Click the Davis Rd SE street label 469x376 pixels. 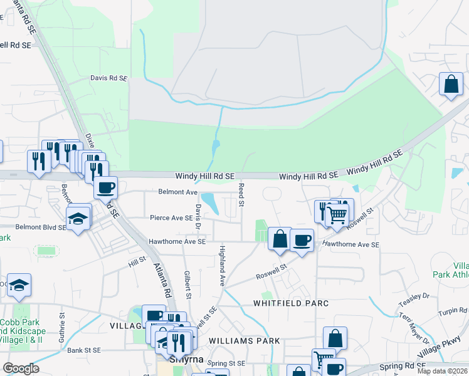pos(108,79)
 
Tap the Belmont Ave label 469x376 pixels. pos(178,192)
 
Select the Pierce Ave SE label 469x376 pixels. pos(171,218)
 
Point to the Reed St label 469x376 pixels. pos(241,196)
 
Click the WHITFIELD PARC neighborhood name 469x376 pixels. pos(291,303)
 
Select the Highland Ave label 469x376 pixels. pos(222,266)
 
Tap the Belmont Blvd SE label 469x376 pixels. pos(41,227)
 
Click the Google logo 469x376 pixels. pos(21,368)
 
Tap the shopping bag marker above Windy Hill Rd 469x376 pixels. pos(451,83)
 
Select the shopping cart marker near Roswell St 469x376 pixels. pos(337,215)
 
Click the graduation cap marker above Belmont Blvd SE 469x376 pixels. pos(80,218)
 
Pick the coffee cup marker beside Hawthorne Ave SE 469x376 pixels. pos(302,240)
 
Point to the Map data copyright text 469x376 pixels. pos(443,371)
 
